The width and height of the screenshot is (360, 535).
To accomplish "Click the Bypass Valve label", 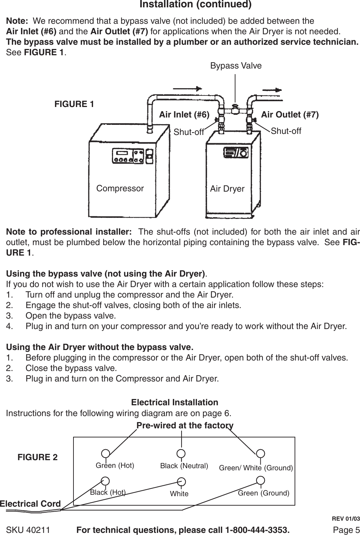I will (236, 66).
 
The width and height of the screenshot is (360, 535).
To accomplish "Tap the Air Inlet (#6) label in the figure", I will (184, 115).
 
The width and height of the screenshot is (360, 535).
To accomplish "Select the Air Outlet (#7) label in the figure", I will (290, 115).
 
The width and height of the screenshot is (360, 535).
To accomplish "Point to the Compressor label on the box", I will (120, 188).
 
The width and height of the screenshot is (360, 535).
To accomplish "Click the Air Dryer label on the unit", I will (227, 189).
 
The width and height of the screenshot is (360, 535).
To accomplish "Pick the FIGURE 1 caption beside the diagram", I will (74, 104).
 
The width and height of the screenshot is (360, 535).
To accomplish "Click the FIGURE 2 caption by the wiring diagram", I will (38, 457).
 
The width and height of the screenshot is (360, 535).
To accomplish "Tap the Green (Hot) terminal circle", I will (105, 454).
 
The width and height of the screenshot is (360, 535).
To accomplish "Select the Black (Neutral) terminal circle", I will (181, 454).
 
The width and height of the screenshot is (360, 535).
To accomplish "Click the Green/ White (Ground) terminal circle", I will (260, 454).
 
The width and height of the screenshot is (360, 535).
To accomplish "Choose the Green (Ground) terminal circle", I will (260, 480).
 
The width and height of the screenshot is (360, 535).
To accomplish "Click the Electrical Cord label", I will (30, 504).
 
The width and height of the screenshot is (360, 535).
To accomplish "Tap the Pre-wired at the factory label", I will (185, 426).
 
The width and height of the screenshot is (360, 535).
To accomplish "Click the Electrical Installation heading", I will (175, 402).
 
